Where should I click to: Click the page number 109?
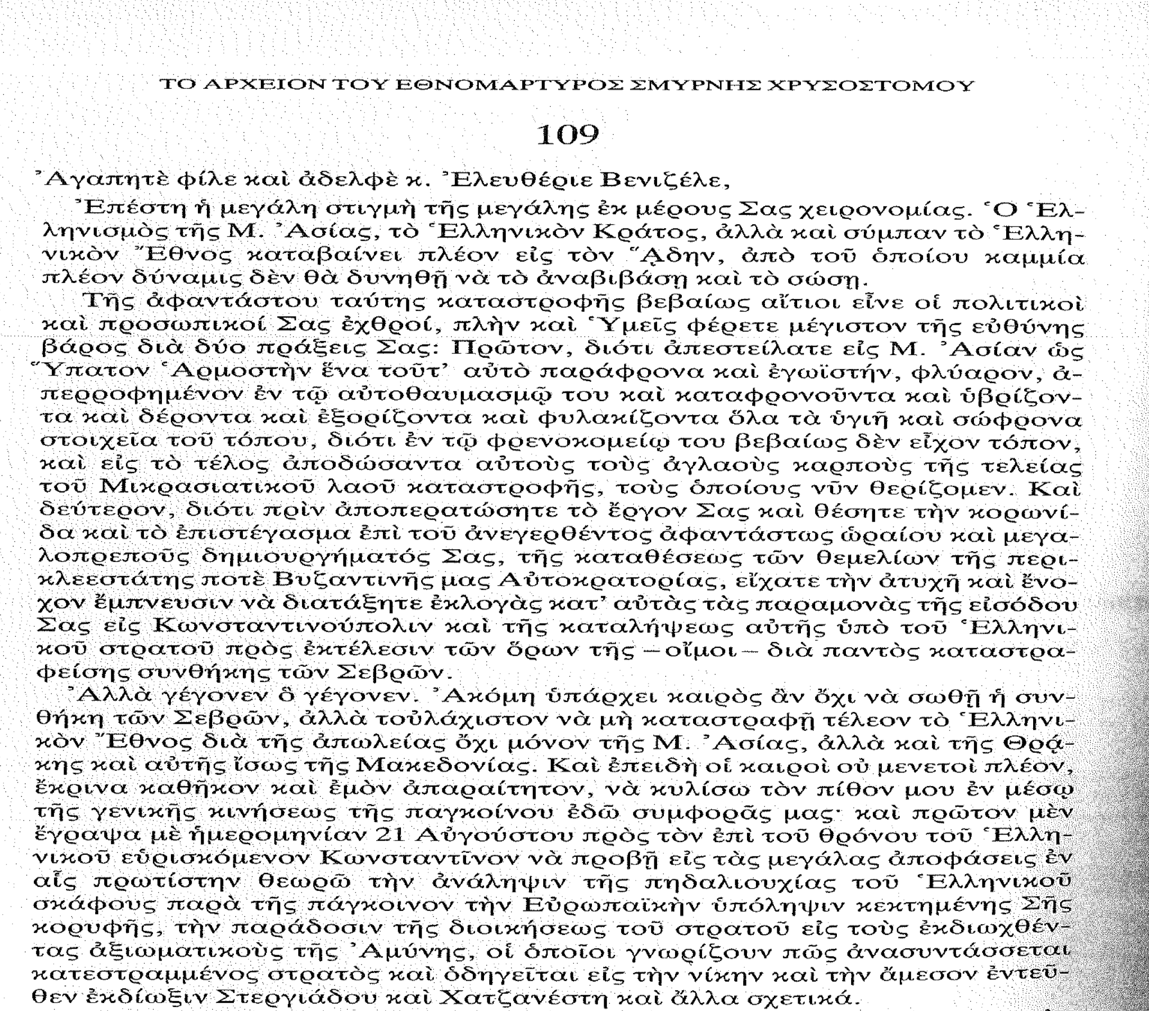(567, 135)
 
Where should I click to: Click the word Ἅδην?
(689, 257)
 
